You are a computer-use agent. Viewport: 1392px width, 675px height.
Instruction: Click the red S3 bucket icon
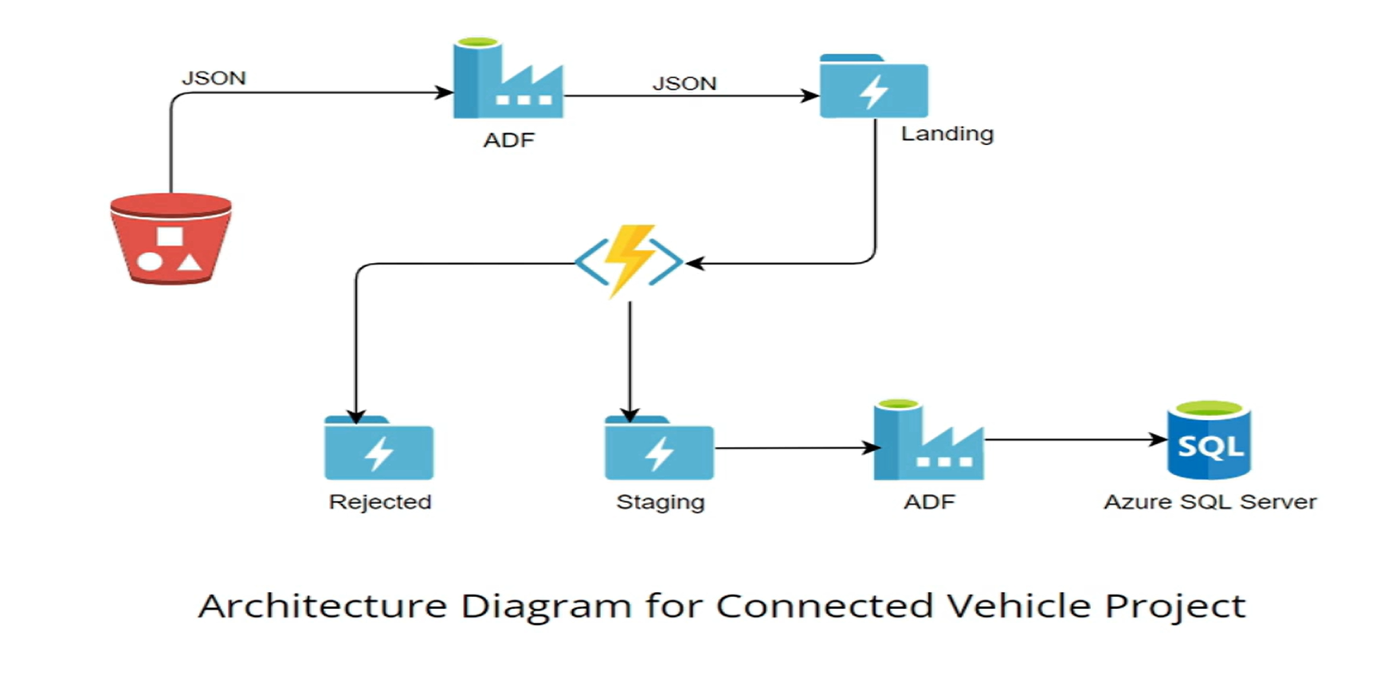click(x=171, y=238)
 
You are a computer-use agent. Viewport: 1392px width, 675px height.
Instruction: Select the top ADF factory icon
click(x=508, y=80)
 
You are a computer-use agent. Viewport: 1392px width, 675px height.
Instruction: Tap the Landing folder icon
click(x=873, y=88)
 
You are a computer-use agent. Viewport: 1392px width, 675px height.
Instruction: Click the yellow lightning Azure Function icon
click(x=629, y=261)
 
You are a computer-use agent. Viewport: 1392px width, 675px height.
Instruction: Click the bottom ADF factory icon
click(x=927, y=442)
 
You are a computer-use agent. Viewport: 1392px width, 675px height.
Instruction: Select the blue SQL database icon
click(x=1209, y=441)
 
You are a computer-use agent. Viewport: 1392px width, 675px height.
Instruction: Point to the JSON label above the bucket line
click(x=214, y=78)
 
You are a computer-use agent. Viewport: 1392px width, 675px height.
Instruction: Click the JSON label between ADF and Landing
click(x=684, y=84)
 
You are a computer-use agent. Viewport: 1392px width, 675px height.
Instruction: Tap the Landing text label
click(x=947, y=134)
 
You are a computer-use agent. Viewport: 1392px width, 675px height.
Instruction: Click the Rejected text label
click(x=380, y=502)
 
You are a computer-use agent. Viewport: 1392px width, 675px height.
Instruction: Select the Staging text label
click(x=661, y=502)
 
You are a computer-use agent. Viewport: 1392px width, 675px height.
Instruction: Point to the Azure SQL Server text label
click(x=1210, y=502)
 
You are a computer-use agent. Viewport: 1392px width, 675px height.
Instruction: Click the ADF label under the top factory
click(x=508, y=140)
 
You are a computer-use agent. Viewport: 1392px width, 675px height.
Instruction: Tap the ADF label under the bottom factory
click(x=929, y=502)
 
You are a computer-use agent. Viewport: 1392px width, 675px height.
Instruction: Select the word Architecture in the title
click(x=323, y=606)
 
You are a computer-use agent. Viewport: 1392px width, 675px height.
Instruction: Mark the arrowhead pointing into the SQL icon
click(x=1159, y=439)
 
